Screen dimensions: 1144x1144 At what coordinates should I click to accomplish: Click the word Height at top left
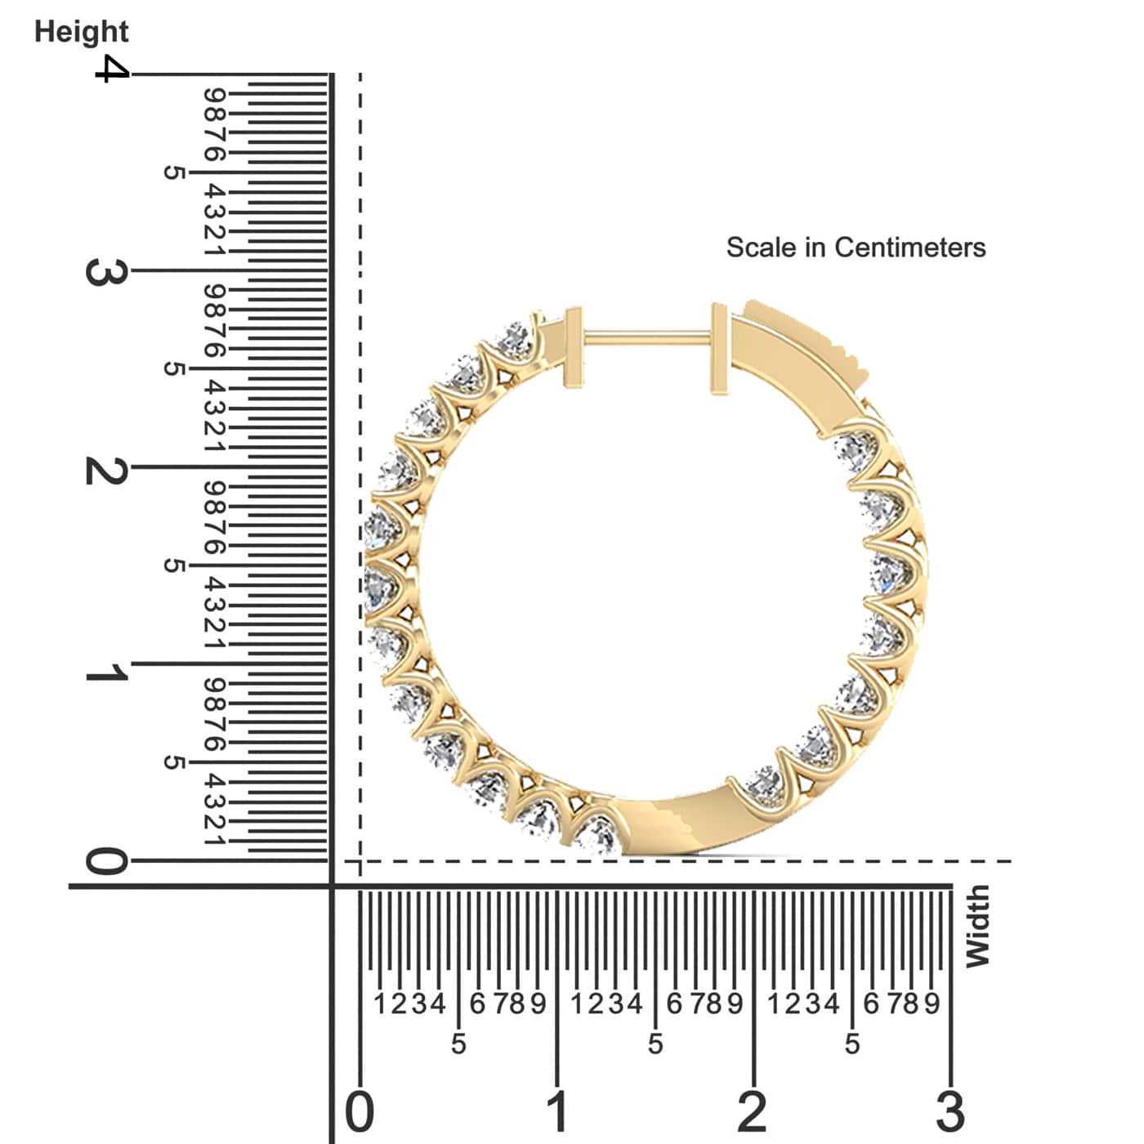coord(81,31)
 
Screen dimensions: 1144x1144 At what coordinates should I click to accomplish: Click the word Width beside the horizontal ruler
coord(977,927)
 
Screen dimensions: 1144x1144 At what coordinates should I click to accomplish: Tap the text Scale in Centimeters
coord(856,247)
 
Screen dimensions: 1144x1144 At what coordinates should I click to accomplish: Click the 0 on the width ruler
coord(360,1111)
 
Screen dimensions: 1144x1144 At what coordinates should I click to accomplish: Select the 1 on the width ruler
coord(557,1111)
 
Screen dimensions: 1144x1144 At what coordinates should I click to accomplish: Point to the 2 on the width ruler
coord(753,1111)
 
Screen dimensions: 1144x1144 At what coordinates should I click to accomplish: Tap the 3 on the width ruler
coord(950,1111)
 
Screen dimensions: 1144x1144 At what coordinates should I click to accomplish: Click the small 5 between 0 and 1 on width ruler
coord(458,1043)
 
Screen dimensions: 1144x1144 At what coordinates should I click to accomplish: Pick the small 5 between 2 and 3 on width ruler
coord(852,1043)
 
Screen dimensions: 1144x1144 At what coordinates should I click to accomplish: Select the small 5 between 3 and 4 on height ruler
coord(173,172)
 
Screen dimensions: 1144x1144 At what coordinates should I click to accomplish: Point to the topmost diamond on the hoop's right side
coord(855,448)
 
